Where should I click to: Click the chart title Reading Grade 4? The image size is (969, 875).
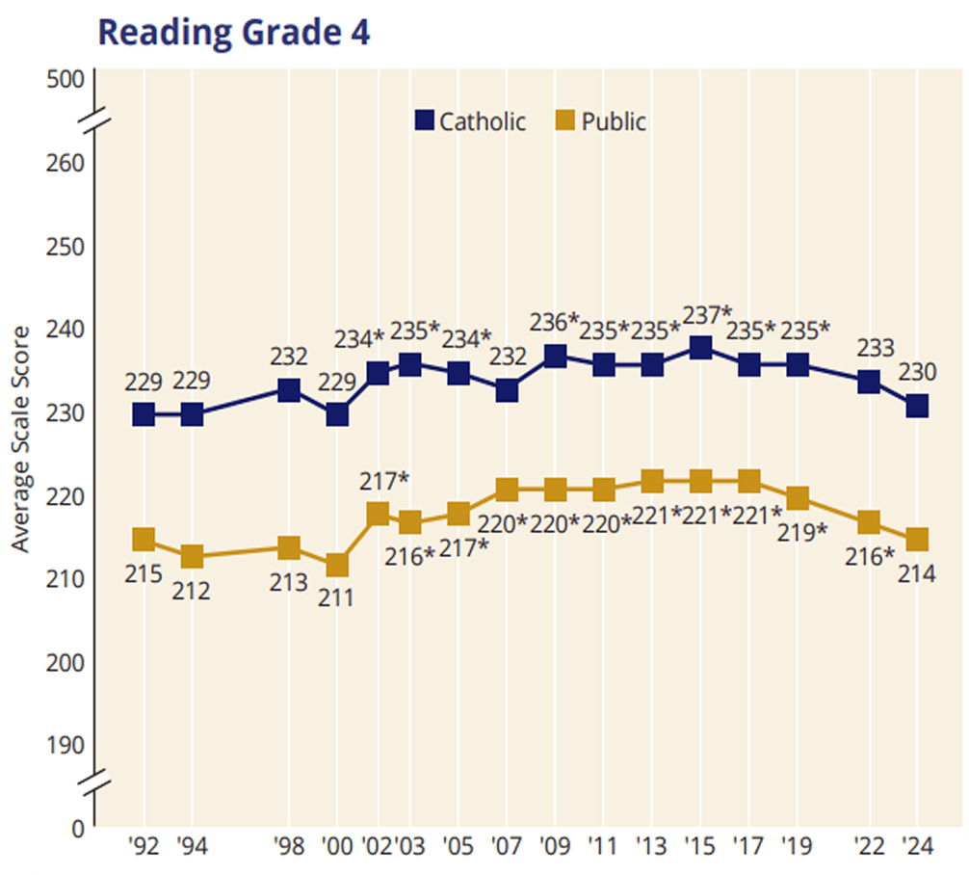coord(234,32)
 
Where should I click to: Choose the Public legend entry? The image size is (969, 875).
coord(602,121)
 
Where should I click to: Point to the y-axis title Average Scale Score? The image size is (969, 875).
coord(21,439)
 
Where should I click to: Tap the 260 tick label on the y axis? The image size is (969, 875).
coord(66,161)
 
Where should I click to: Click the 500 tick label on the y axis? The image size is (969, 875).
coord(66,79)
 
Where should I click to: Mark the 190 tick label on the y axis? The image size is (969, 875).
coord(66,745)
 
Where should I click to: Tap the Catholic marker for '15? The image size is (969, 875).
coord(700,348)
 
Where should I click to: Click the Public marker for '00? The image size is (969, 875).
coord(337,565)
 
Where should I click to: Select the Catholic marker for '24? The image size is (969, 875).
coord(917,406)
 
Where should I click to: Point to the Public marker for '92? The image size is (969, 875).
coord(144,539)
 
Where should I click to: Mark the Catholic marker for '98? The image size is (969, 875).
coord(288,389)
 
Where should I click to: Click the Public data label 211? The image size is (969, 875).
coord(337,597)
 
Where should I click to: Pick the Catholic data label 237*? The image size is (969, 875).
coord(708,315)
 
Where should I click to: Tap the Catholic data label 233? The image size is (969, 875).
coord(876,348)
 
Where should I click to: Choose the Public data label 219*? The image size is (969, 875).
coord(802,531)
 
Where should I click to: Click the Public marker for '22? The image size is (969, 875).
coord(869,522)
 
